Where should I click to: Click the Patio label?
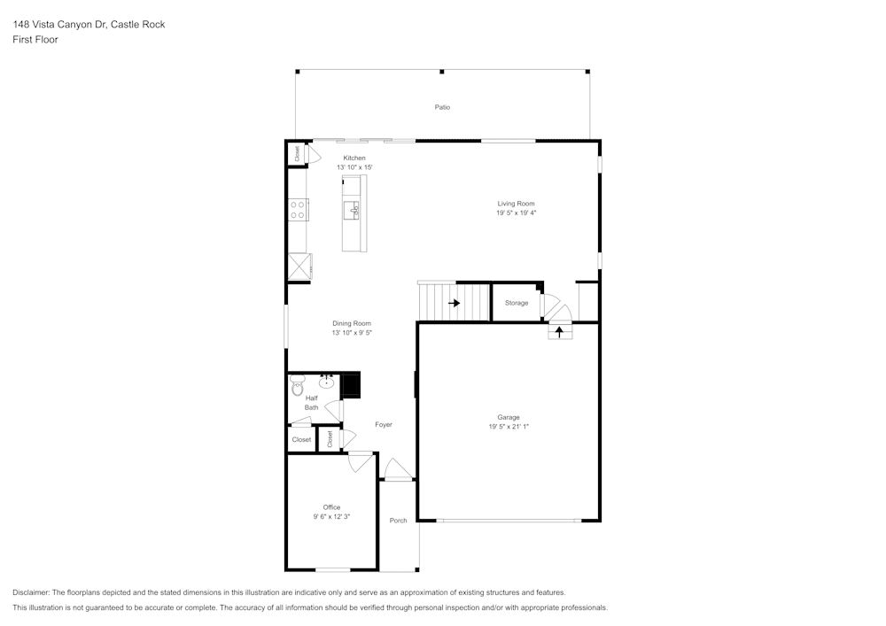click(442, 107)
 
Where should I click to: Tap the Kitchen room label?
click(354, 158)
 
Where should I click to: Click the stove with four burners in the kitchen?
click(298, 209)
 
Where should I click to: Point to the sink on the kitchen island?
click(353, 209)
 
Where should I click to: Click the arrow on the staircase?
click(455, 303)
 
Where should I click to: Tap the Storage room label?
click(517, 303)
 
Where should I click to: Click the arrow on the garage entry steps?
click(559, 332)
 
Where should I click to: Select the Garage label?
click(509, 417)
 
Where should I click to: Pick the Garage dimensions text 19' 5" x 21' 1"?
click(509, 427)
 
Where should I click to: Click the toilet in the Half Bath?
click(297, 385)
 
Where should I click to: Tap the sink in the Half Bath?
click(327, 383)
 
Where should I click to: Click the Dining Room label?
click(352, 323)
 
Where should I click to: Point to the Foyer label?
click(384, 425)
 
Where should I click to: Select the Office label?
click(331, 507)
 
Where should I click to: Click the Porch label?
click(399, 521)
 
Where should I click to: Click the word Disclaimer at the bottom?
click(31, 592)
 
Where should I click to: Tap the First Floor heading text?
click(35, 40)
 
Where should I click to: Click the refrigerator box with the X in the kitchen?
click(299, 267)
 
